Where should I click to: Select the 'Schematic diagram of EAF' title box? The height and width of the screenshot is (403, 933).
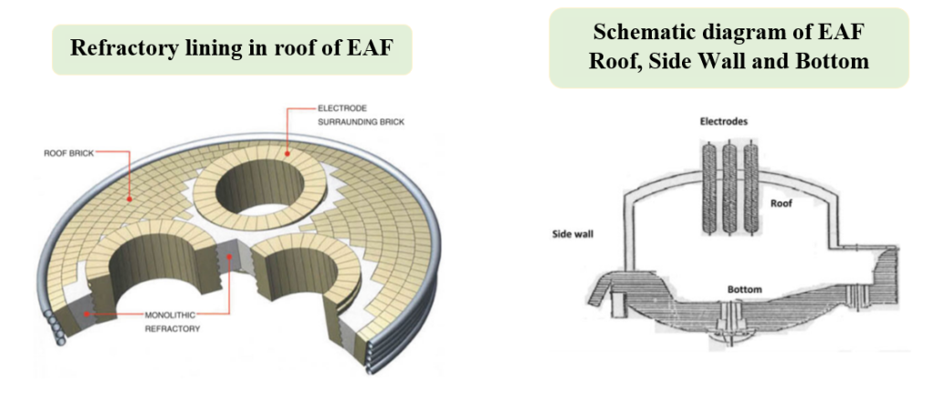point(729,47)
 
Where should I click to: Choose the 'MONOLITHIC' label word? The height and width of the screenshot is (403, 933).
point(167,314)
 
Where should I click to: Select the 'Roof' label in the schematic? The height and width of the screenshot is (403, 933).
point(782,203)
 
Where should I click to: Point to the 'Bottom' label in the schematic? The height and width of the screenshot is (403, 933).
point(744,290)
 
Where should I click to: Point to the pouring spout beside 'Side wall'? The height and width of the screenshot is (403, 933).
point(610,291)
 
